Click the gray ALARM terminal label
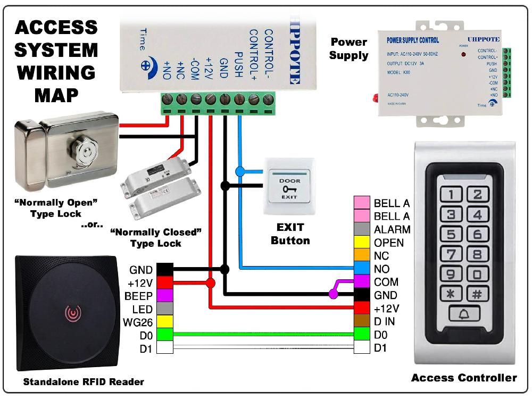392,230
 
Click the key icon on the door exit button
289,188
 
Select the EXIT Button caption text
290,234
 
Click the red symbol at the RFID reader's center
70,312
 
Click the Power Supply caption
348,48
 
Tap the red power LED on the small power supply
463,55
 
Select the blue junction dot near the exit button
240,171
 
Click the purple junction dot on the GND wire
333,294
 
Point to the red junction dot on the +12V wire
211,283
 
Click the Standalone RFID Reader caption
84,381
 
